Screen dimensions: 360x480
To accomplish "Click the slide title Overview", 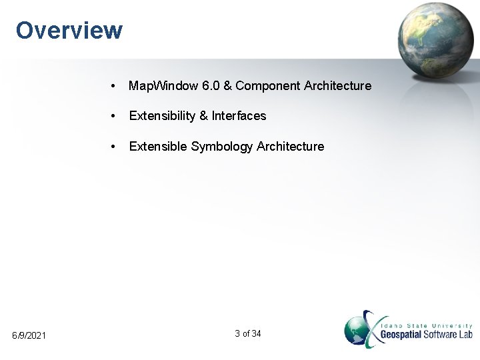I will (x=69, y=30).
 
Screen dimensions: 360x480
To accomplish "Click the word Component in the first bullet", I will (x=265, y=86).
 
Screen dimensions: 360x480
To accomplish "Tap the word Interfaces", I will (x=239, y=116).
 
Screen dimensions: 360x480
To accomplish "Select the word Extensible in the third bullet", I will (x=158, y=146).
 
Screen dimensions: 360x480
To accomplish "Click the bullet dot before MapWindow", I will (x=115, y=87).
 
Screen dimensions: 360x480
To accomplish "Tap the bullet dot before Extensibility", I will (x=115, y=117).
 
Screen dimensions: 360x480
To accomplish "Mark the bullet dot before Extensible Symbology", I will (x=115, y=147).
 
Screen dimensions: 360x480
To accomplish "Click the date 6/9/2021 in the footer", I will (x=29, y=334).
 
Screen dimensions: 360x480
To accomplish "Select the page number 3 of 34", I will (x=248, y=333).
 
